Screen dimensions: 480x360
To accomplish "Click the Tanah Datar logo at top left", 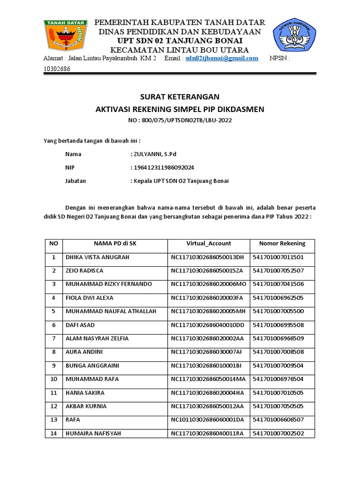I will click(x=66, y=37).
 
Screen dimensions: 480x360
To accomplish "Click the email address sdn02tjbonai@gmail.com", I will click(x=222, y=58).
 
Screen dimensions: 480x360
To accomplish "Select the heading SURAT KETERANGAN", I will click(x=180, y=97).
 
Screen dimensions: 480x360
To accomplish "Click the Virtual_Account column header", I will click(x=209, y=243).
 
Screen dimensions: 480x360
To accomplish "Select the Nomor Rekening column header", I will click(x=282, y=243).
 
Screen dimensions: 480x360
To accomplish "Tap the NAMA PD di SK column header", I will click(x=115, y=243).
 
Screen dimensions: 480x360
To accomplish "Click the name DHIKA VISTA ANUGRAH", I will click(x=97, y=257).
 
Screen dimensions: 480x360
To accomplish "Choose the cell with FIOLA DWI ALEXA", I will click(x=89, y=298).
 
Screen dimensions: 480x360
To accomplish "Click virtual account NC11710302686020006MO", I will click(x=208, y=284).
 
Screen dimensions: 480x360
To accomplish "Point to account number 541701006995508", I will click(x=278, y=325).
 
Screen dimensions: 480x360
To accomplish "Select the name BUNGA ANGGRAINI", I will click(x=92, y=366).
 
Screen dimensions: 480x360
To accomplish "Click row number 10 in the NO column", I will click(x=53, y=379).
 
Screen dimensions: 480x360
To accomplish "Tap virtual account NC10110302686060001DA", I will click(x=207, y=420).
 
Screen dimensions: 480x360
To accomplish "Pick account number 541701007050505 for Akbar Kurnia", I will click(x=278, y=406).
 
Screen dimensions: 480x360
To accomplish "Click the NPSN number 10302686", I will click(x=56, y=68).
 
